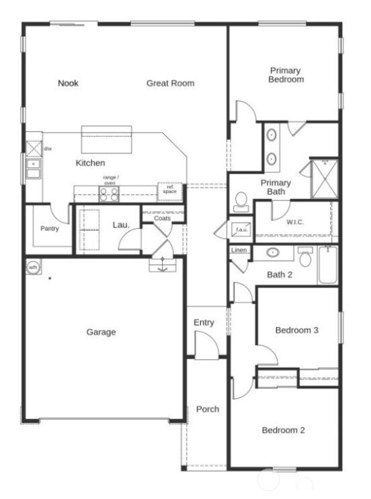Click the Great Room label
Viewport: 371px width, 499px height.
pos(171,83)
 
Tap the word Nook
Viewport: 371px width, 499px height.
pos(68,83)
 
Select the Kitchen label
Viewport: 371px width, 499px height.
pos(90,163)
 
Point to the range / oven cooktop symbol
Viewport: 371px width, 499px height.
pos(110,194)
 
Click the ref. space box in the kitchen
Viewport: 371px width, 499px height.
pos(170,191)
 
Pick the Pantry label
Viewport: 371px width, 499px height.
pos(49,229)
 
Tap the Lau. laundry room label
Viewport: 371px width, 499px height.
pos(121,225)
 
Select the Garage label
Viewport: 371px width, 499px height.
pos(101,332)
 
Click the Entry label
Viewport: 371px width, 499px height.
pos(204,323)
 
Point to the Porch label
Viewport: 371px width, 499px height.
pos(207,409)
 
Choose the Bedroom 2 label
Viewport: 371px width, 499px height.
pos(284,430)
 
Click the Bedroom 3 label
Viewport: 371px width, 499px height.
pos(297,330)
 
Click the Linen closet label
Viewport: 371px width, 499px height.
pos(239,251)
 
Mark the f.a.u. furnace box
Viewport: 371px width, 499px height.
pos(241,230)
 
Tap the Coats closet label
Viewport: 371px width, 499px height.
pos(162,218)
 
